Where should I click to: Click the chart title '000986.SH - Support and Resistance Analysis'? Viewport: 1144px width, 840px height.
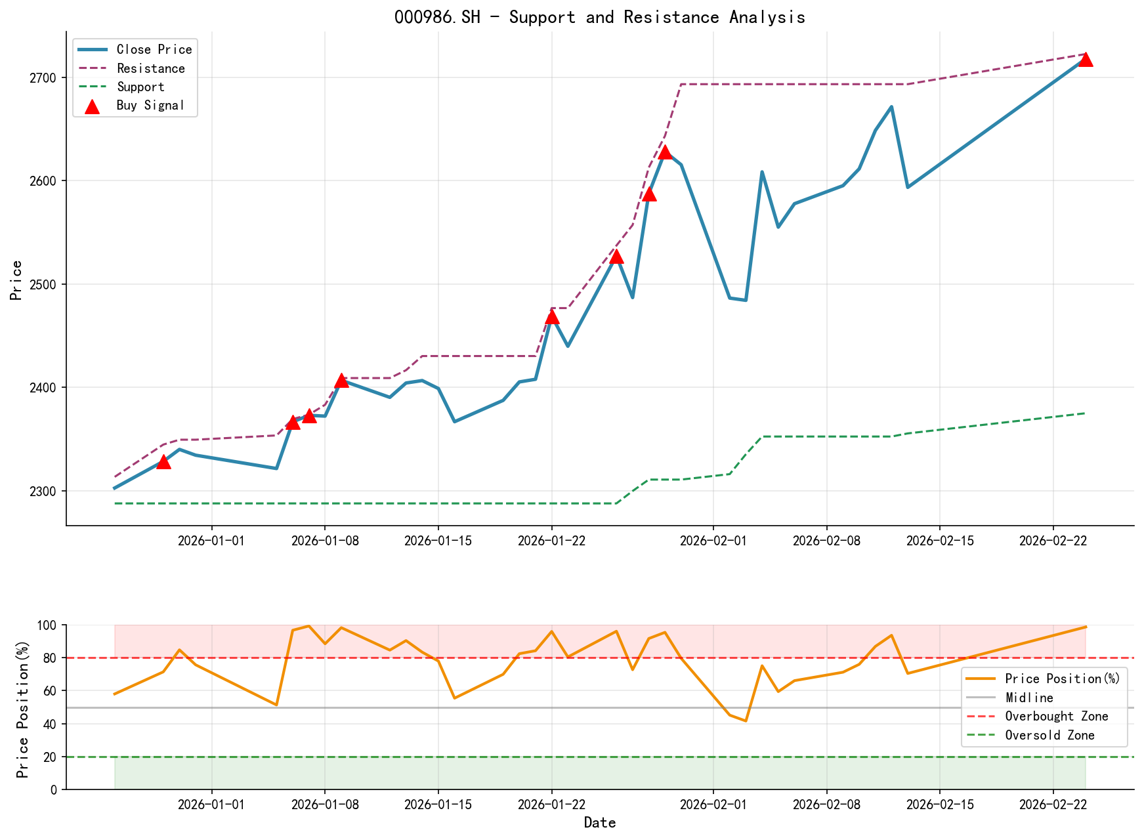599,17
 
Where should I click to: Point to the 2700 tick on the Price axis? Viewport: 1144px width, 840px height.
45,78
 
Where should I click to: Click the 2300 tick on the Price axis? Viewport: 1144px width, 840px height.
45,491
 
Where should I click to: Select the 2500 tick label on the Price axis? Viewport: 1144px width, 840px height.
45,284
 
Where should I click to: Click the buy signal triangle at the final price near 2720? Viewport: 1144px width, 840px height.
1086,59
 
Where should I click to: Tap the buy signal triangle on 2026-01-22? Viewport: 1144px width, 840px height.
552,317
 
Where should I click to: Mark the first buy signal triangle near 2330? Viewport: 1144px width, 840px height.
163,462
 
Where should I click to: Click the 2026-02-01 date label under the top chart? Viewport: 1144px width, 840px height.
713,540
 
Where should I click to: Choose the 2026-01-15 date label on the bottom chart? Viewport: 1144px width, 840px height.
438,805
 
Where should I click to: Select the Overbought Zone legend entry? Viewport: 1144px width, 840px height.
1056,717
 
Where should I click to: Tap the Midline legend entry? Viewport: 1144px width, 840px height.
1028,698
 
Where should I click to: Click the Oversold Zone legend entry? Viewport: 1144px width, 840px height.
1049,736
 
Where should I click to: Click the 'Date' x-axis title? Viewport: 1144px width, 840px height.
599,823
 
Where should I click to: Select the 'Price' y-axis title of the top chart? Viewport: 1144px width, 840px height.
16,280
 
